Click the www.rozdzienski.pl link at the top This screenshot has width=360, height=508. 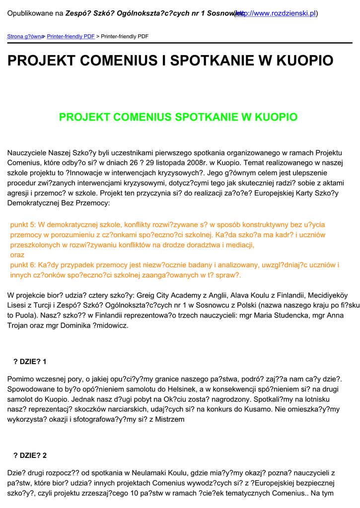tap(281, 13)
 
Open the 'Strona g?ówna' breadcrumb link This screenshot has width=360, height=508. tap(24, 37)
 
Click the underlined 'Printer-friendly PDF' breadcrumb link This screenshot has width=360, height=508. tap(71, 37)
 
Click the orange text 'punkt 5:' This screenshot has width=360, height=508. tap(23, 225)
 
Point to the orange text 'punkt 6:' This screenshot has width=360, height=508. tap(23, 265)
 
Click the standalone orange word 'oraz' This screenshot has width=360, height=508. tap(17, 255)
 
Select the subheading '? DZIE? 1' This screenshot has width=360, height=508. tap(30, 362)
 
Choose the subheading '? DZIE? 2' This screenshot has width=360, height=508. tap(30, 455)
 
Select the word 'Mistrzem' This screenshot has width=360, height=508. tap(169, 419)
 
